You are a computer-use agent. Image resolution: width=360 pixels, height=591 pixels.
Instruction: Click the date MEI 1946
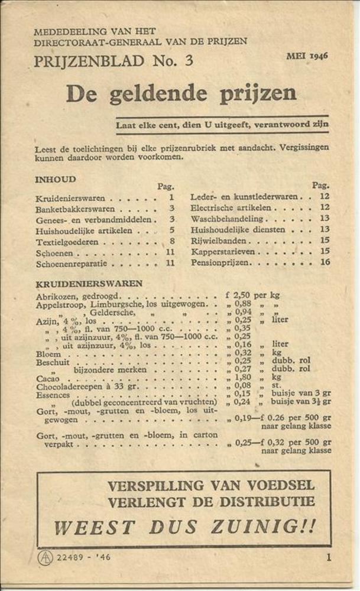(307, 56)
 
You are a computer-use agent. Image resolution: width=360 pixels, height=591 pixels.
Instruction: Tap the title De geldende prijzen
(181, 93)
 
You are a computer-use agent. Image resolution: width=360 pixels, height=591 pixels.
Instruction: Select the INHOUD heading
(56, 179)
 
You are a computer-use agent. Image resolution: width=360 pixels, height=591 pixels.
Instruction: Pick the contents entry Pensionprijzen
(219, 262)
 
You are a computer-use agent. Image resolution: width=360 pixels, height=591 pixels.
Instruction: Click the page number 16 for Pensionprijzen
(325, 262)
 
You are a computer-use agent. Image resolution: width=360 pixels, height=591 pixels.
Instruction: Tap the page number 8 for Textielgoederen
(171, 241)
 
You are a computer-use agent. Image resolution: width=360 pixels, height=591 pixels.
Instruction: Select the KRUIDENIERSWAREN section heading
(89, 284)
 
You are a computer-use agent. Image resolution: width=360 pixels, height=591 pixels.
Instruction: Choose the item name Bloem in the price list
(48, 353)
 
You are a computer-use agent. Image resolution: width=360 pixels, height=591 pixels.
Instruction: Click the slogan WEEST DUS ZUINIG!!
(184, 525)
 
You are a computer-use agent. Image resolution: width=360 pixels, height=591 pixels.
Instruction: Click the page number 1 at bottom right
(328, 556)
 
